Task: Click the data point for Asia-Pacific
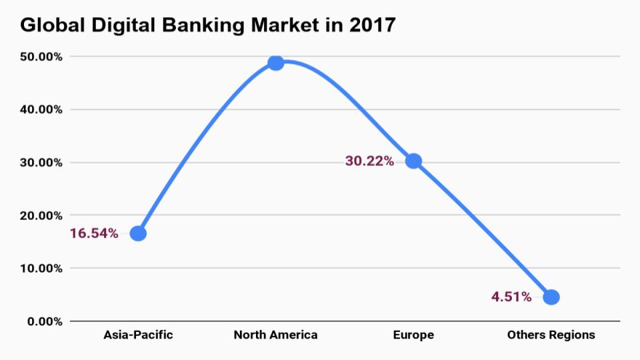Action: tap(138, 233)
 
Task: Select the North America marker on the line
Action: tap(275, 63)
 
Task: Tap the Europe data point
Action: tap(413, 161)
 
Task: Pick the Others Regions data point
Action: tap(551, 297)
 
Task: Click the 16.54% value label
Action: tap(94, 233)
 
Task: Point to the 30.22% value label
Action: tap(369, 161)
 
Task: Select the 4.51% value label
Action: tap(511, 297)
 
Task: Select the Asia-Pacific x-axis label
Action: tap(138, 335)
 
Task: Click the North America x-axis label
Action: tap(275, 335)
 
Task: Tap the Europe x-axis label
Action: tap(413, 335)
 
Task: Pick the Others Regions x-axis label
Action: tap(551, 335)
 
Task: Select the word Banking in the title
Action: tap(215, 25)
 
